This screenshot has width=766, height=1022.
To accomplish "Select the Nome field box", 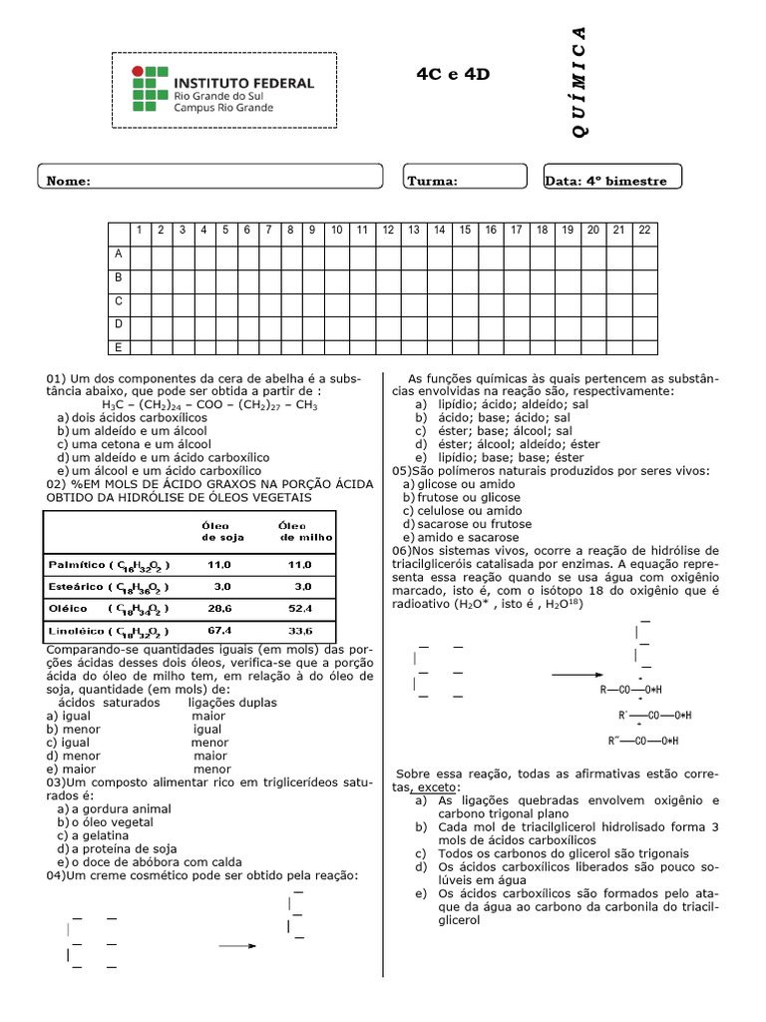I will point(210,177).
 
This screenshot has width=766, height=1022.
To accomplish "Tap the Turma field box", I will point(465,177).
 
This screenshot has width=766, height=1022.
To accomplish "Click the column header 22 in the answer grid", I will point(644,230).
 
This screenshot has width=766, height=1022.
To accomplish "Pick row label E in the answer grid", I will point(118,346).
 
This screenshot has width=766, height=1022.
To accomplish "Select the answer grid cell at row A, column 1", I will point(140,254).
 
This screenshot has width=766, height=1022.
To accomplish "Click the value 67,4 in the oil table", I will point(219,631).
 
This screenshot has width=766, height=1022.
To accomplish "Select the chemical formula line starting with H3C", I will point(209,405).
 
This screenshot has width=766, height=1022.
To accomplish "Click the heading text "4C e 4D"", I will point(453,75).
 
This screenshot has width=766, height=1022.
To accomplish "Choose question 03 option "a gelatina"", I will point(100,834).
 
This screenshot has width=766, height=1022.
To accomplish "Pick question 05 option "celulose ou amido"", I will point(461,510).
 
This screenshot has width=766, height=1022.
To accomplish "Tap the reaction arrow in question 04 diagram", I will point(238,944).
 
